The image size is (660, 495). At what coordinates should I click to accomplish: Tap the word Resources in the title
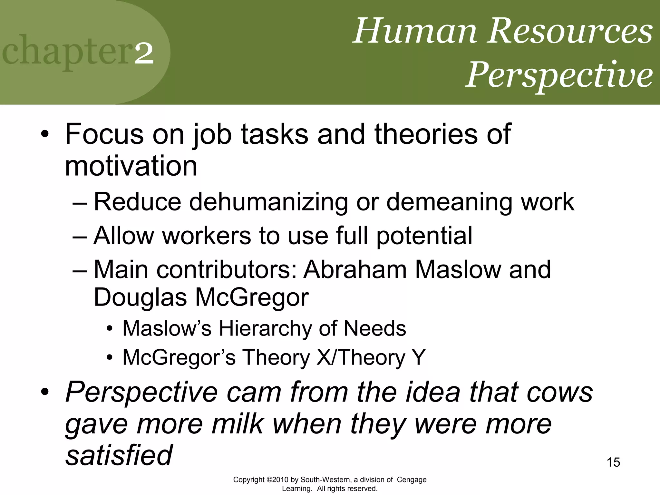tap(570, 32)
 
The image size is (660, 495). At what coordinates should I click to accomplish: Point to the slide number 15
tap(613, 462)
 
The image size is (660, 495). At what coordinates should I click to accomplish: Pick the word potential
tap(424, 236)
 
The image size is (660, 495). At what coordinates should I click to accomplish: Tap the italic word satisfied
tap(119, 456)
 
